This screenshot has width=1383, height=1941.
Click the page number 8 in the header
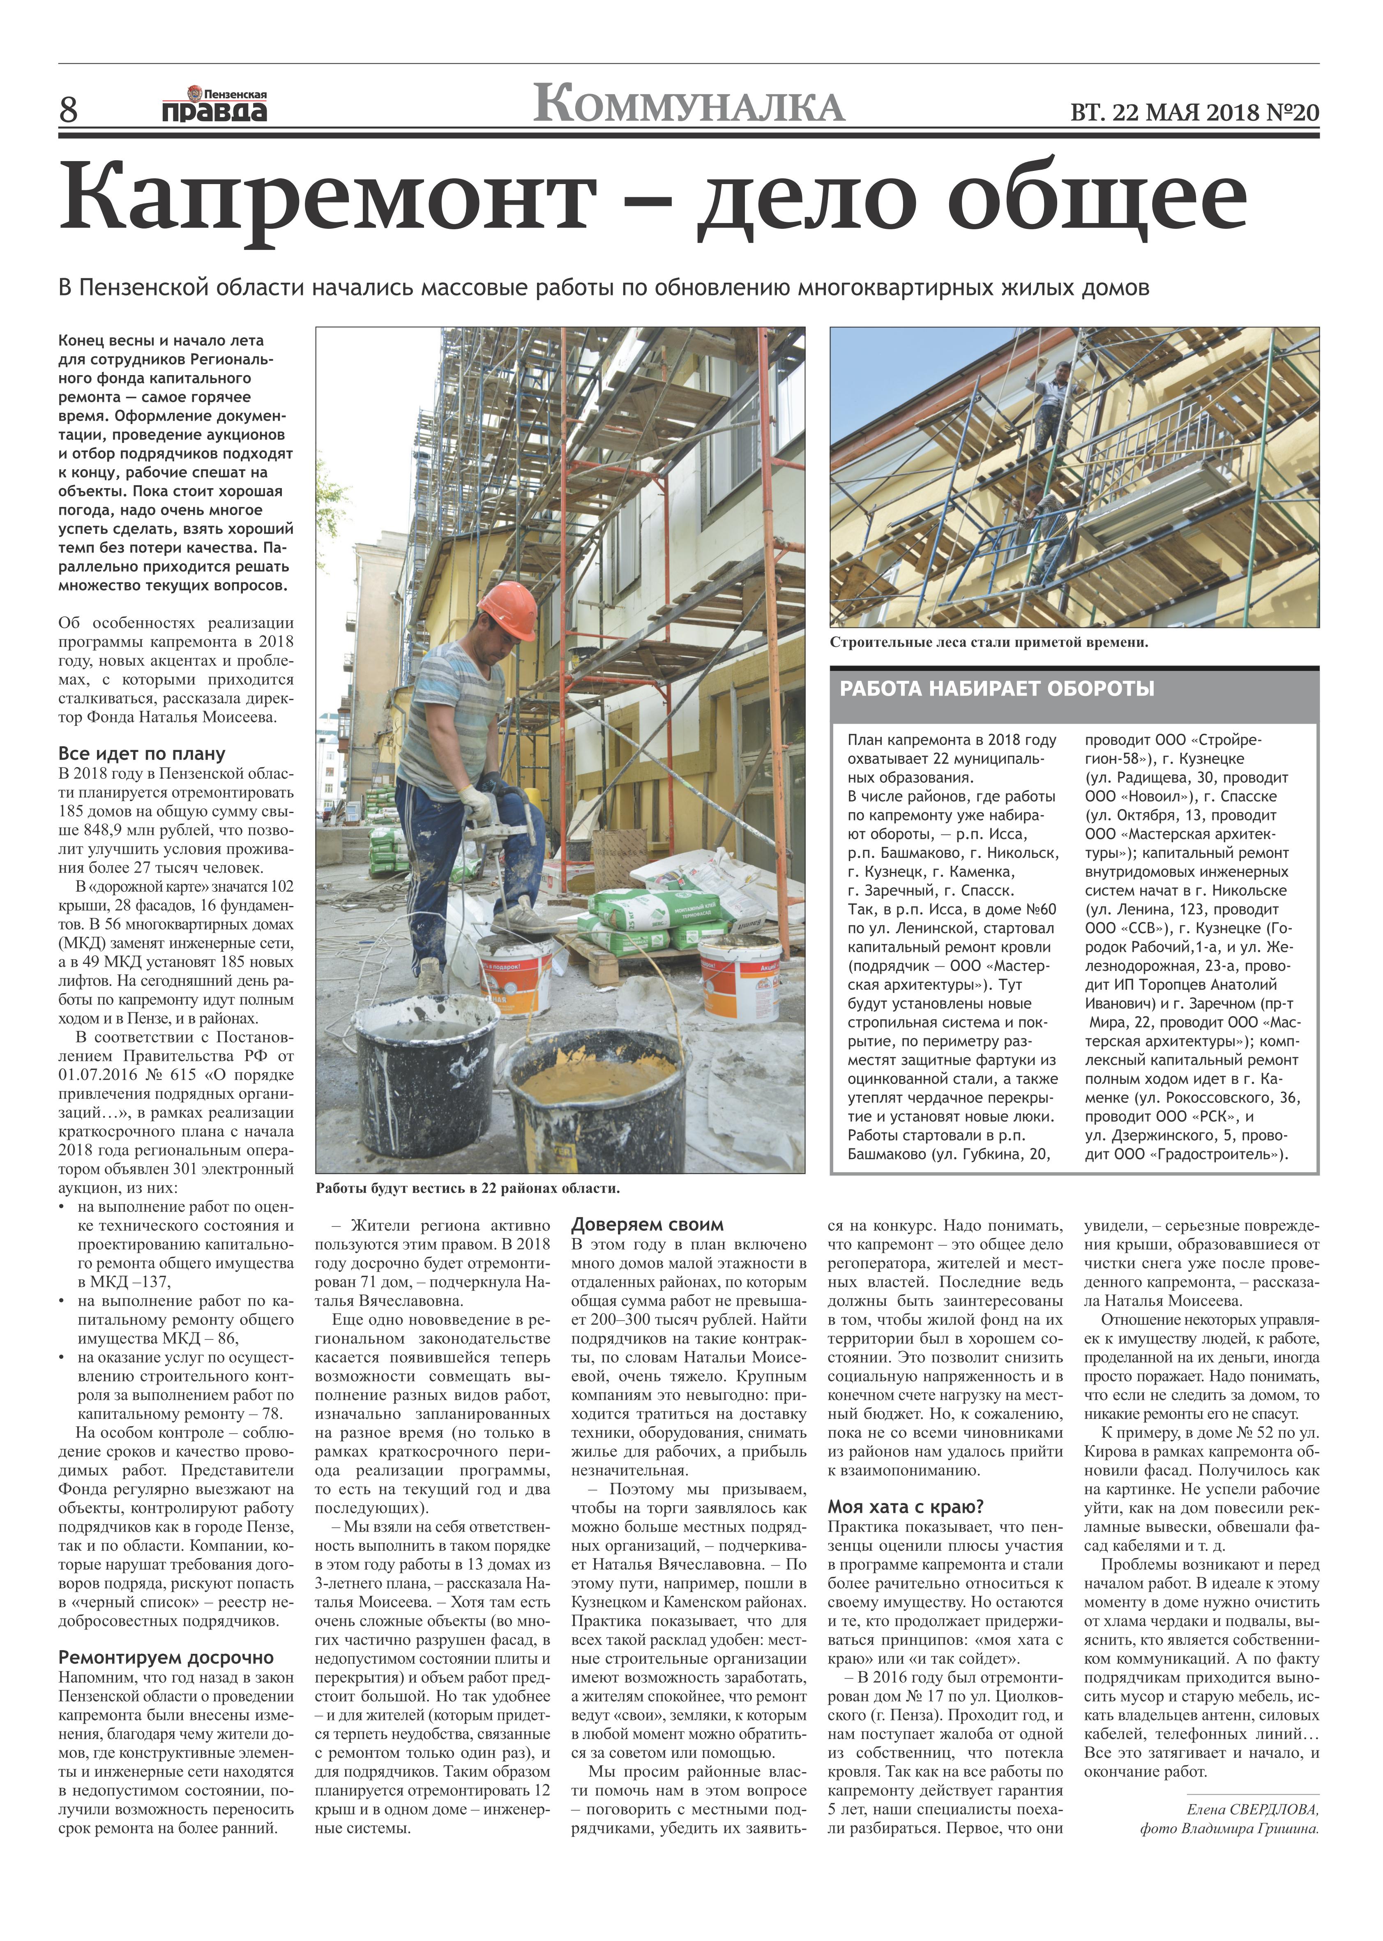68,110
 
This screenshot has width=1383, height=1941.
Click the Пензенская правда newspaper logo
214,106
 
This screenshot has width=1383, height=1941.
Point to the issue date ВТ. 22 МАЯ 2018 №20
1194,113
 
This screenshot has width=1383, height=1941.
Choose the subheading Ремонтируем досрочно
166,1657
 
